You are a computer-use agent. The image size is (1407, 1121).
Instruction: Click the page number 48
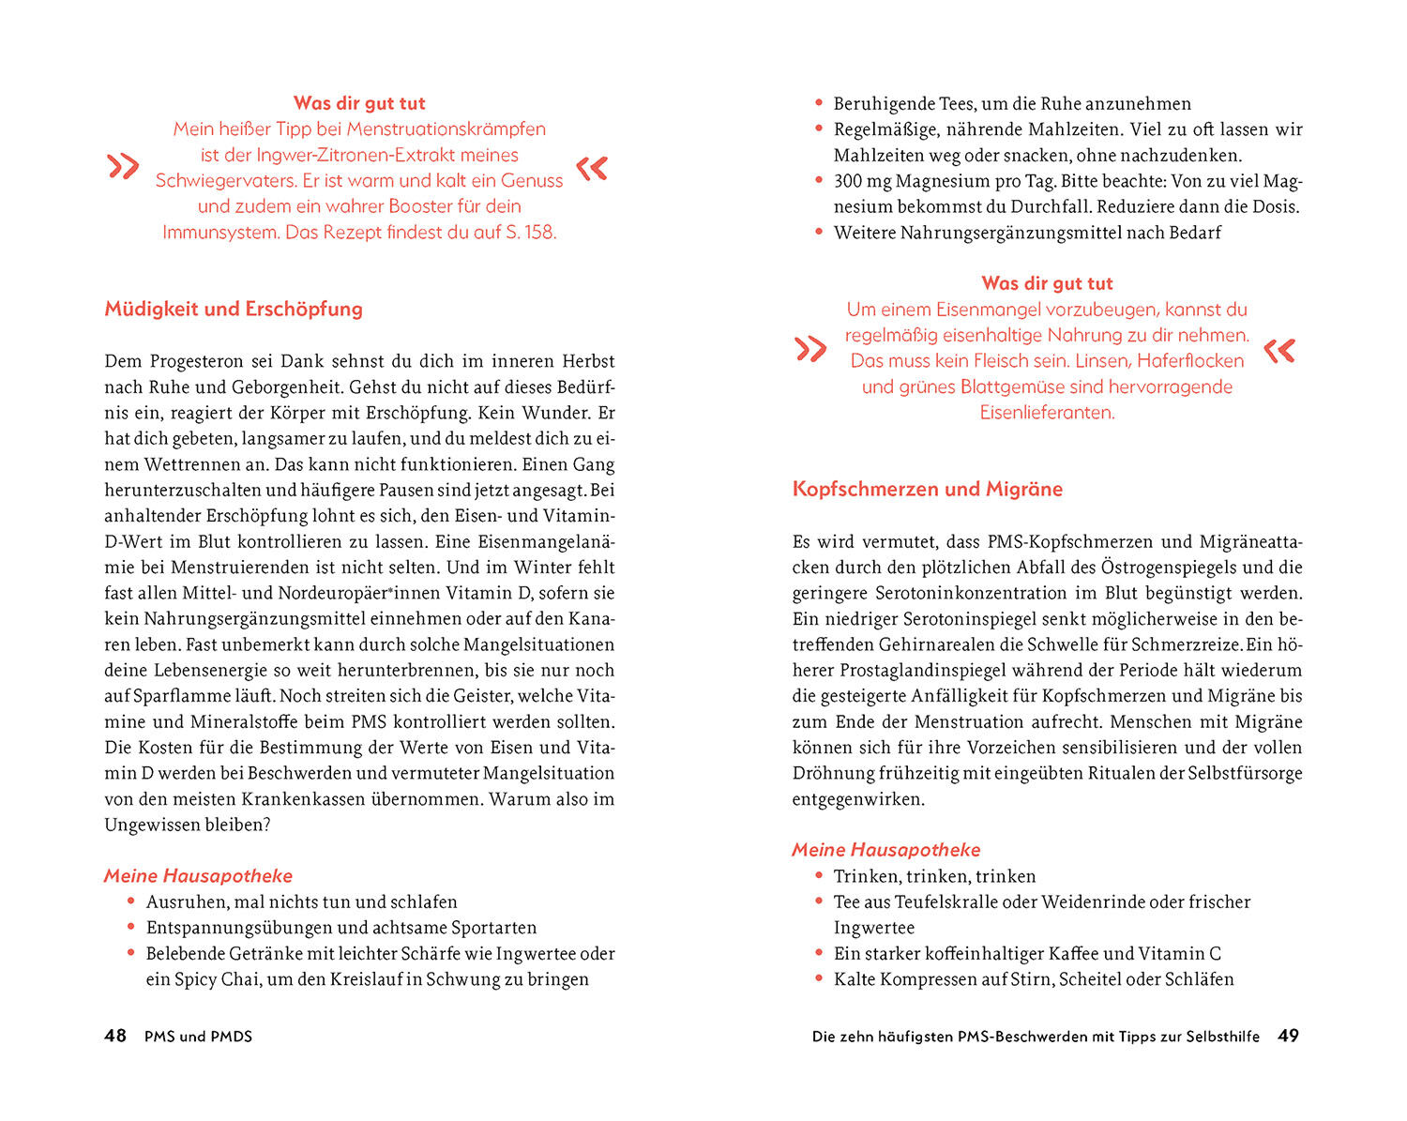[x=115, y=1036]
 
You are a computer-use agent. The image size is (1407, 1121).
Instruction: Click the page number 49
[x=1289, y=1036]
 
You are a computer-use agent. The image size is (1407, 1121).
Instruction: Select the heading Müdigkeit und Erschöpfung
[x=234, y=309]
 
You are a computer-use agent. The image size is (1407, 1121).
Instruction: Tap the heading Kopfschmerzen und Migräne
[x=927, y=489]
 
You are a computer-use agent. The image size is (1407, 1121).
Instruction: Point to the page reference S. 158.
[x=530, y=232]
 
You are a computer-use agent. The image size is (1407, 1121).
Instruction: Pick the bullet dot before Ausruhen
[x=131, y=901]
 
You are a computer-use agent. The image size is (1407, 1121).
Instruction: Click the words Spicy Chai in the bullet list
[x=214, y=979]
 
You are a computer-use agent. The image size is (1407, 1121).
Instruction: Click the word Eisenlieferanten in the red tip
[x=1047, y=412]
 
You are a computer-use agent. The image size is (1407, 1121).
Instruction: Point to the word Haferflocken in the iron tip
[x=1189, y=360]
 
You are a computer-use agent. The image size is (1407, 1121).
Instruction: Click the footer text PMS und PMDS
[x=198, y=1037]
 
